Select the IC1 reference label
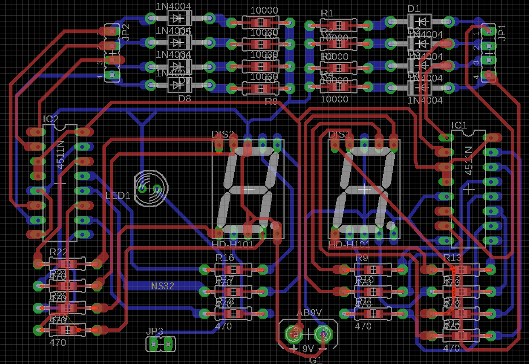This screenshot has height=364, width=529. (x=459, y=125)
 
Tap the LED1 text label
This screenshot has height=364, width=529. (x=118, y=195)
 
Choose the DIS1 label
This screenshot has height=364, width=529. (x=339, y=134)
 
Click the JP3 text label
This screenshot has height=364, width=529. (x=154, y=331)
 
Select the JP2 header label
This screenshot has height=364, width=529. (x=126, y=33)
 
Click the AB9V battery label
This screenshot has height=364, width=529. (x=309, y=312)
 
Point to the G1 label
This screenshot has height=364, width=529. (x=315, y=359)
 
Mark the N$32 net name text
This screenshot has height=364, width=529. (x=162, y=286)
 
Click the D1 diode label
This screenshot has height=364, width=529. (x=414, y=8)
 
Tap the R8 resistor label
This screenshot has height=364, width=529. (x=271, y=101)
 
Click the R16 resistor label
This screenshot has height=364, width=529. (x=224, y=258)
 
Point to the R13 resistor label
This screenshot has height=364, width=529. (x=453, y=258)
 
